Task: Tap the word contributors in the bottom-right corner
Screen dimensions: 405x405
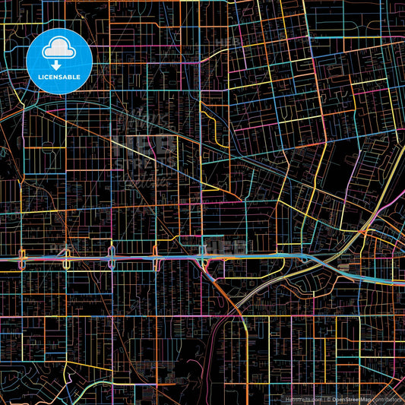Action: coord(388,398)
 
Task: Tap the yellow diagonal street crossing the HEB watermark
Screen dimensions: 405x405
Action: coord(163,152)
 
